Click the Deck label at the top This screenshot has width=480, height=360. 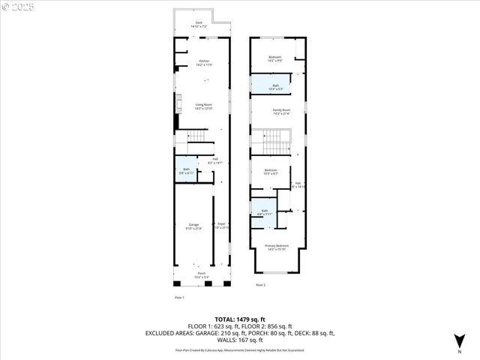coord(199,23)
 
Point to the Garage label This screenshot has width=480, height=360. coord(193,226)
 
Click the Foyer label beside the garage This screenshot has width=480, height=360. coord(222,225)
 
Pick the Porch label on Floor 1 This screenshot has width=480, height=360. coord(202,274)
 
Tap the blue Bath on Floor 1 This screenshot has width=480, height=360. coord(185,170)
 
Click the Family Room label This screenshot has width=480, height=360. coord(281,112)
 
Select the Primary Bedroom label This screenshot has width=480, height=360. coord(277,247)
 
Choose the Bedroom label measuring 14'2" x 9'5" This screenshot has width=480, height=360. coord(275,58)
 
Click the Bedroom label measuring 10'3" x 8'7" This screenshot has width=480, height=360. coord(271,172)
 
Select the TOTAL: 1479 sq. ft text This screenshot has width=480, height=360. coord(239,319)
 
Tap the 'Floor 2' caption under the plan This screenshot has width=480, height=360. coord(260,286)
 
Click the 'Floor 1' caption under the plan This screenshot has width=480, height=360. coord(178,298)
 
